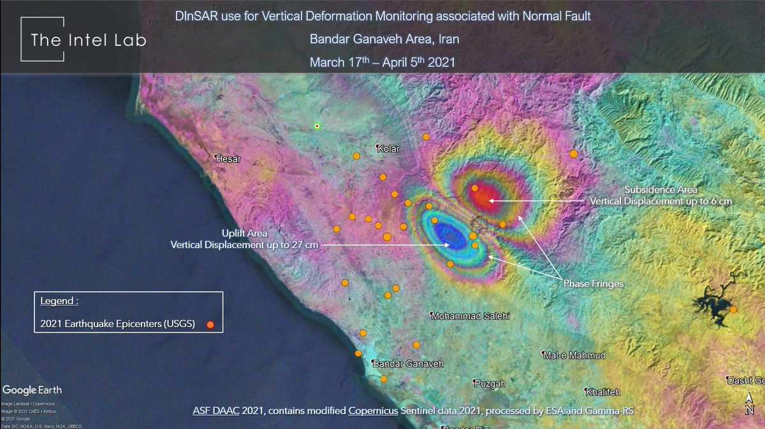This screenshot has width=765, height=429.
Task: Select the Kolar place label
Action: coord(388,149)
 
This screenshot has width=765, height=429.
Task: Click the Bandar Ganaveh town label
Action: coord(407,363)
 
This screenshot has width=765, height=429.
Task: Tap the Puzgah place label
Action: coord(490,383)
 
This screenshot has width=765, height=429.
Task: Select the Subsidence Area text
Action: coord(660,190)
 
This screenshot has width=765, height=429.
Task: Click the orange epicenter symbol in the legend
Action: coord(210,325)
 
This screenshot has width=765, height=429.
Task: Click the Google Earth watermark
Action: coord(33,389)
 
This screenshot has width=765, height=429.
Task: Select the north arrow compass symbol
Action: coord(750,405)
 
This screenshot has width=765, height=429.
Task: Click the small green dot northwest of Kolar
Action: coord(317,126)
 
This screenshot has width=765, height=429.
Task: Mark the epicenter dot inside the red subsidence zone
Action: coord(475,189)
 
